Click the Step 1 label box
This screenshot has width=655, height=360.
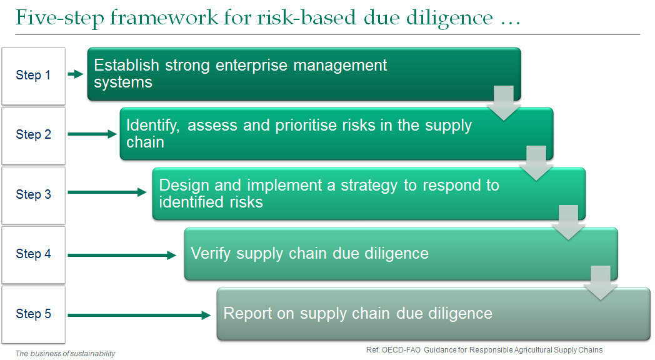tap(33, 76)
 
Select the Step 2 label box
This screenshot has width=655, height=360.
tap(33, 136)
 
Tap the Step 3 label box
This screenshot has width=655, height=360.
tap(33, 196)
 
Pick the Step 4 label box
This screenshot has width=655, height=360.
tap(33, 255)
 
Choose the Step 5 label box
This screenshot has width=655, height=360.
tap(33, 314)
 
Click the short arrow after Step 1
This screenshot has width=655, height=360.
tap(76, 74)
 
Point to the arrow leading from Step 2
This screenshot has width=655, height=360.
tap(92, 134)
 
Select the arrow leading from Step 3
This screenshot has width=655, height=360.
tap(107, 192)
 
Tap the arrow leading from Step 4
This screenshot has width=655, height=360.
tap(122, 255)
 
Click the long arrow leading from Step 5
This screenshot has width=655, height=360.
tap(139, 316)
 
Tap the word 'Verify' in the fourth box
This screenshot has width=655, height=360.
tap(211, 254)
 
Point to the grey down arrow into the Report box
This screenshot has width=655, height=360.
tap(601, 283)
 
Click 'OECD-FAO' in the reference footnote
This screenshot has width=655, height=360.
tap(401, 350)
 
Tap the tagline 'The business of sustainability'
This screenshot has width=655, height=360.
tap(65, 354)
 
